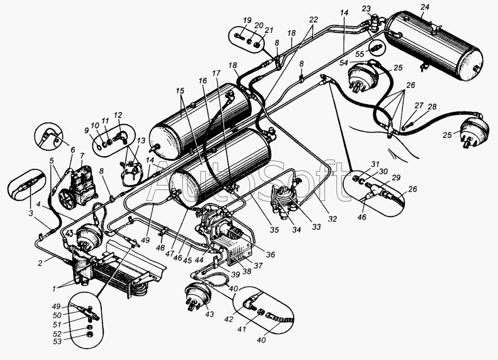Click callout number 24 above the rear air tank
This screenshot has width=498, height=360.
[425, 7]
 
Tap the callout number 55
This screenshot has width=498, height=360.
[360, 54]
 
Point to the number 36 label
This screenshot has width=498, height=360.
[270, 255]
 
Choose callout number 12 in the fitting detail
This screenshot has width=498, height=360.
[118, 115]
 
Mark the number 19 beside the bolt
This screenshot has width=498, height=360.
[247, 21]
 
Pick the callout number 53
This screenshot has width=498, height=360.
[58, 341]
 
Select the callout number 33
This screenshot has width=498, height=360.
[316, 227]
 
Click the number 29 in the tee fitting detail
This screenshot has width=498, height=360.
[396, 178]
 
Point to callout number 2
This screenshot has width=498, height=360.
[40, 264]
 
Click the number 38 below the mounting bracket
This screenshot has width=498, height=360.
[247, 272]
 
